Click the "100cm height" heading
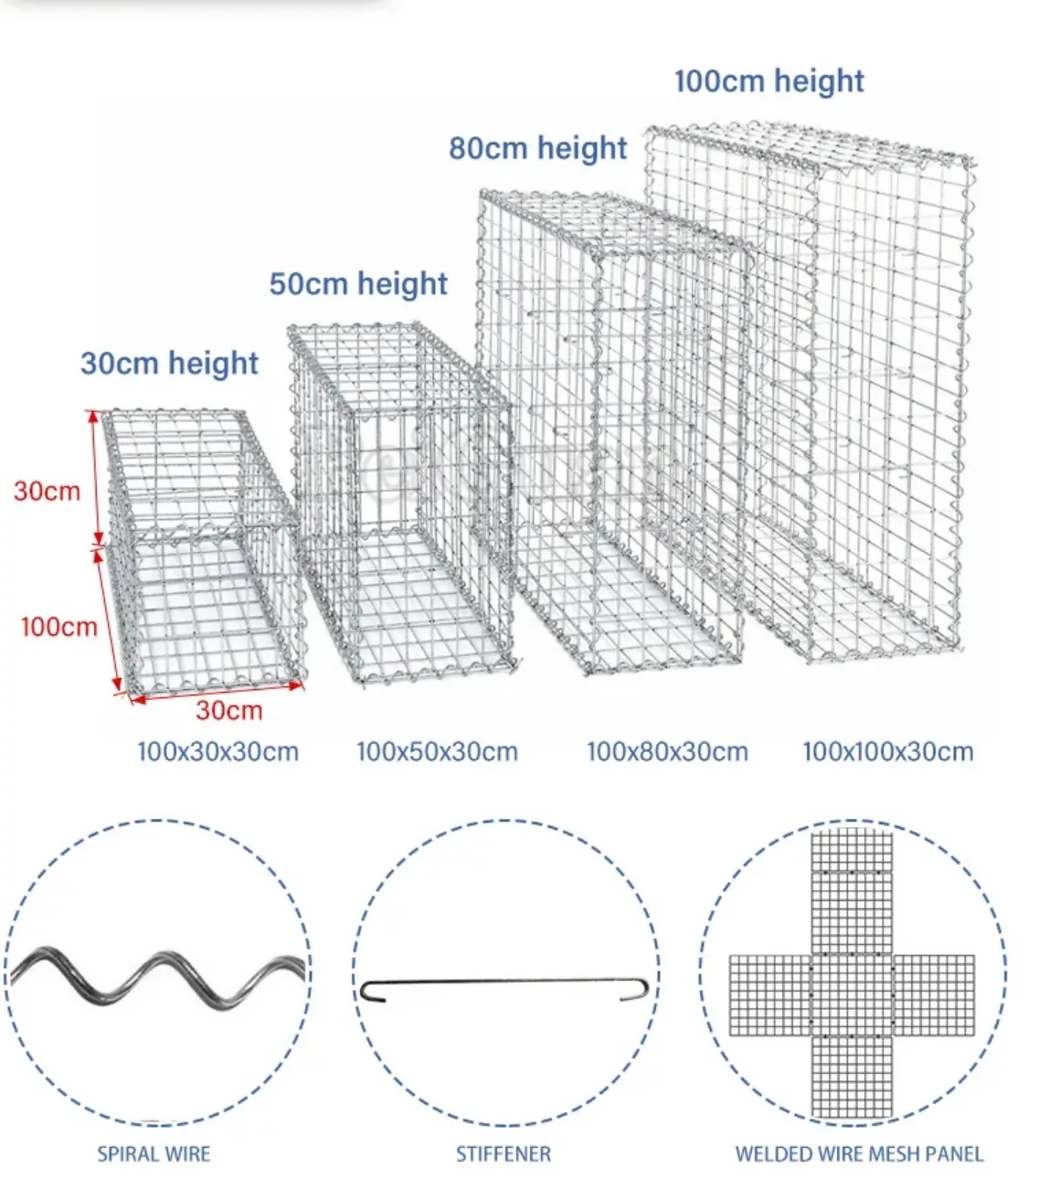click(x=768, y=81)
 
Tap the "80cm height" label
click(x=537, y=148)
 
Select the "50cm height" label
click(x=358, y=283)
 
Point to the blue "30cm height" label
click(x=170, y=363)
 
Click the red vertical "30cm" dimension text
click(x=47, y=491)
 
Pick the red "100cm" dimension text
click(x=58, y=626)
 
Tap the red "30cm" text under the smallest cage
click(x=228, y=710)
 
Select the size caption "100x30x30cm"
click(x=217, y=752)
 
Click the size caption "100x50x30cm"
click(x=437, y=752)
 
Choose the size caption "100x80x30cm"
click(x=667, y=752)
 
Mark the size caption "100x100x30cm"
click(x=887, y=752)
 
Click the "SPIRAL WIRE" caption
click(x=154, y=1154)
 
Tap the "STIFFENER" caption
click(x=503, y=1154)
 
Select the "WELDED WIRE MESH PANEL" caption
click(x=859, y=1154)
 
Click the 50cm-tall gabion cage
click(x=402, y=503)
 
